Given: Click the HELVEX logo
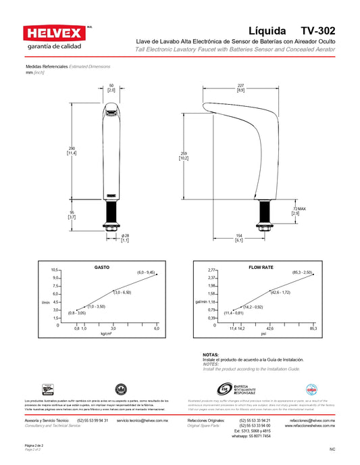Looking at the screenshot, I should tap(53, 34).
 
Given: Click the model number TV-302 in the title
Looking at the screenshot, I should tap(317, 31).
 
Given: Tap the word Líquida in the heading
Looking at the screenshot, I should tap(267, 31).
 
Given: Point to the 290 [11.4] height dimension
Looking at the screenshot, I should tap(70, 151).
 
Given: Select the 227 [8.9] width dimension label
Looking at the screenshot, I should tap(240, 88).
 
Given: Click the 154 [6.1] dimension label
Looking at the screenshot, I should tap(238, 237).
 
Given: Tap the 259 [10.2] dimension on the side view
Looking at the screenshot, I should tap(184, 155).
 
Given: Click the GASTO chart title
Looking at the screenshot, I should tap(102, 267).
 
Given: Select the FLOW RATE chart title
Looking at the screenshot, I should tap(261, 267).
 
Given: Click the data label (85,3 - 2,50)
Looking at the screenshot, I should tap(302, 272).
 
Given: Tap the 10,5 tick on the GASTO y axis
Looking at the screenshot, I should tap(56, 270).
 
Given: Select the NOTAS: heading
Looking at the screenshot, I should tap(211, 355).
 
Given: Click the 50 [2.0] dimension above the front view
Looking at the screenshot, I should tap(111, 88).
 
